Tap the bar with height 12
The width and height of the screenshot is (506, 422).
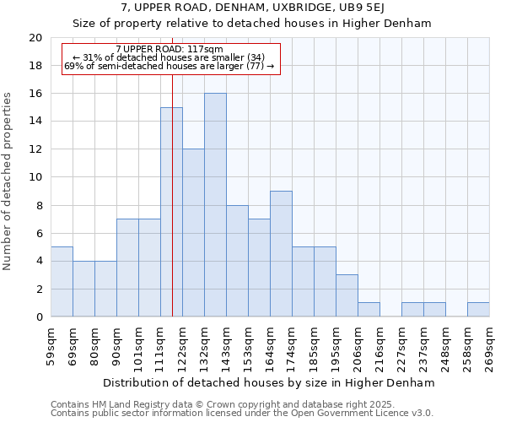(x=193, y=233)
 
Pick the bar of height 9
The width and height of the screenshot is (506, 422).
(x=281, y=254)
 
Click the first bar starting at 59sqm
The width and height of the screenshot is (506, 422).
(x=62, y=282)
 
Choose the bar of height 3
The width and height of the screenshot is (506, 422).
(x=347, y=295)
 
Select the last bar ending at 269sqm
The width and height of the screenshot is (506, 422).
(x=478, y=310)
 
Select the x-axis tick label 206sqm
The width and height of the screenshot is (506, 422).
(x=358, y=345)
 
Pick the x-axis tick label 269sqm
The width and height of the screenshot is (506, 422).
(x=490, y=345)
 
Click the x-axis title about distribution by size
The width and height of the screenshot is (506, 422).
(x=270, y=382)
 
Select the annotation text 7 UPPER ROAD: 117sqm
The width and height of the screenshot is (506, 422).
(x=170, y=50)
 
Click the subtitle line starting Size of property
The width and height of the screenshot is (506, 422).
(x=252, y=24)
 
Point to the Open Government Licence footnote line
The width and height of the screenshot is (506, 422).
(x=242, y=414)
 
